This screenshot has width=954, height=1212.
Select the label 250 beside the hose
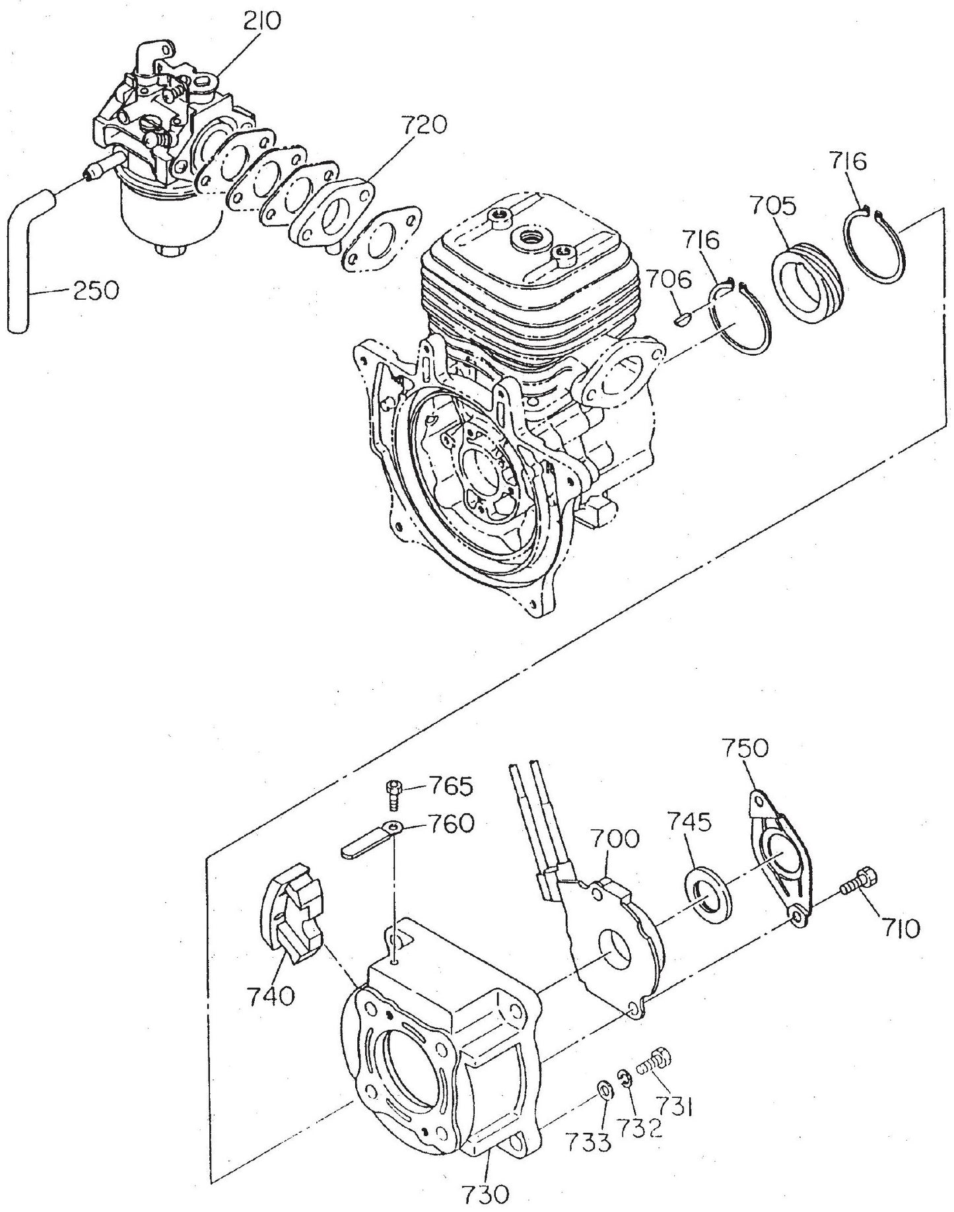[96, 290]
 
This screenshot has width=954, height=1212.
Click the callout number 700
[615, 839]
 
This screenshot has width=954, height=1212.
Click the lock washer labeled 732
[625, 1078]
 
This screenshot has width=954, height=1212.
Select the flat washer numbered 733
[603, 1089]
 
